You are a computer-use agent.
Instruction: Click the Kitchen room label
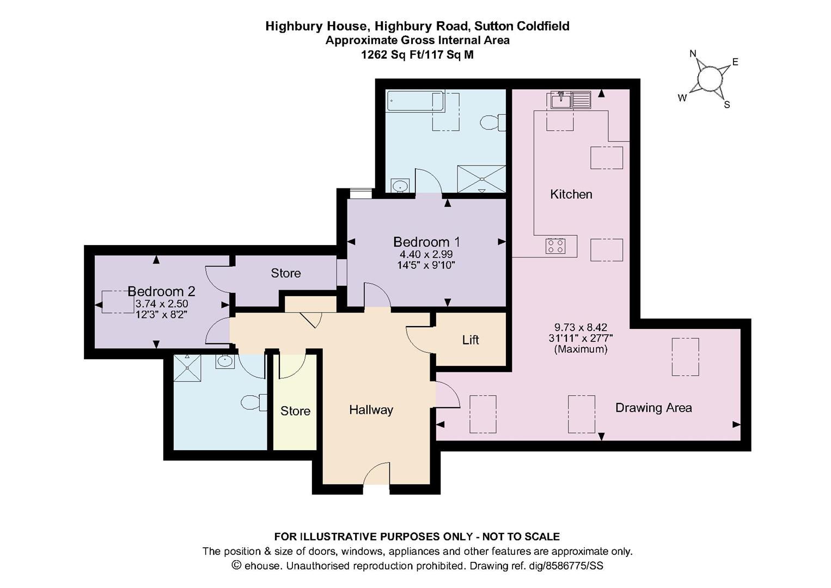click(571, 194)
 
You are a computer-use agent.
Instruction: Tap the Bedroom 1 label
click(426, 242)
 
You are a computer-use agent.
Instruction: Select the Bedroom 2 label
click(161, 291)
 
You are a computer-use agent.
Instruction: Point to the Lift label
click(471, 340)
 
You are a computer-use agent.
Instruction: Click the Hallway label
click(371, 410)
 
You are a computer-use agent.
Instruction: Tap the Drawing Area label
click(653, 408)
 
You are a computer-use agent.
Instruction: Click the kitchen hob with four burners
click(555, 246)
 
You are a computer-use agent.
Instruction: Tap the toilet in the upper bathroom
click(493, 122)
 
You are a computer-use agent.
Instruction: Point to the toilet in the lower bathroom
click(254, 402)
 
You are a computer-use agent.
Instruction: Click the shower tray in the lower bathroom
click(187, 367)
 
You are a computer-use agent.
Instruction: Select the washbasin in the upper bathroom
click(400, 186)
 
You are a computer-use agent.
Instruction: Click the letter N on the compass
click(693, 54)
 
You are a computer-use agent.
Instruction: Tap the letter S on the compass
click(727, 105)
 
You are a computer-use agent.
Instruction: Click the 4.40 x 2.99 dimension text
click(426, 254)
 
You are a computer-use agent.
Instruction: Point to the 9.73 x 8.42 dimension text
click(581, 327)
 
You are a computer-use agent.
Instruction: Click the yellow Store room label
click(295, 411)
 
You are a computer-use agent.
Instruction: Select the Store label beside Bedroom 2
click(286, 273)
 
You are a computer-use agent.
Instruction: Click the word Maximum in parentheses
click(581, 349)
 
